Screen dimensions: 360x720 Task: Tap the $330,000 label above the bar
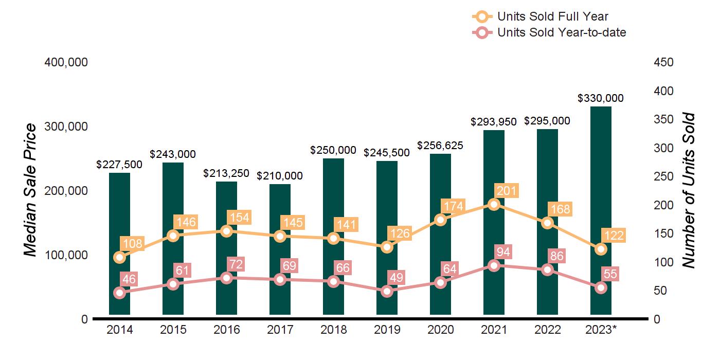[x=601, y=98]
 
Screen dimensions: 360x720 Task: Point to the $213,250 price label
[x=227, y=173]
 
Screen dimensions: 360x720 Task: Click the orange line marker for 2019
[x=387, y=247]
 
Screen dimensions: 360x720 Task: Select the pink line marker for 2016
[x=227, y=278]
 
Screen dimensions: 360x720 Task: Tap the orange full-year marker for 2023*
[x=601, y=249]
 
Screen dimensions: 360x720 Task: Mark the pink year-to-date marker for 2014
[x=120, y=293]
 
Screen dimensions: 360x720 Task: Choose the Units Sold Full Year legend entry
[x=552, y=16]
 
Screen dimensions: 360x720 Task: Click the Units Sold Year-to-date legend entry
[x=561, y=32]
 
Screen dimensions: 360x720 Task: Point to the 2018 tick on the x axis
[x=334, y=330]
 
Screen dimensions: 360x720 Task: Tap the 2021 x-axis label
[x=494, y=330]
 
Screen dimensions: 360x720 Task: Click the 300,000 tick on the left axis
[x=67, y=127]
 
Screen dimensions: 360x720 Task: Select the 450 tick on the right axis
[x=664, y=62]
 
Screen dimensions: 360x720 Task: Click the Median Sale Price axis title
[x=31, y=190]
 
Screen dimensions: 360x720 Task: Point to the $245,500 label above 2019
[x=387, y=153]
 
